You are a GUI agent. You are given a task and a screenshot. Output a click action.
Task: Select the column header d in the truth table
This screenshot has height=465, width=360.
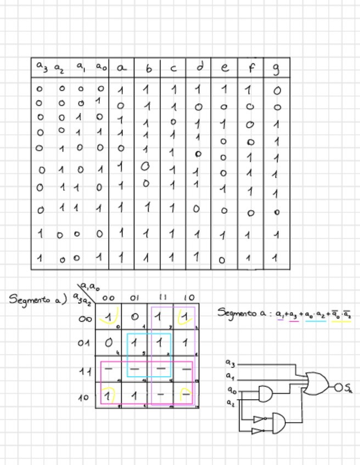[x=200, y=67]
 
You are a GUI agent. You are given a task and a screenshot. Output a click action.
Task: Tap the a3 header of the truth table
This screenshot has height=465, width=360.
[x=42, y=66]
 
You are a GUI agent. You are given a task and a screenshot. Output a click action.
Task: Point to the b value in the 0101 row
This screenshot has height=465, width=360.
[x=145, y=166]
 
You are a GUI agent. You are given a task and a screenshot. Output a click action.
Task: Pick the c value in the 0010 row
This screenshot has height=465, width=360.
[x=173, y=121]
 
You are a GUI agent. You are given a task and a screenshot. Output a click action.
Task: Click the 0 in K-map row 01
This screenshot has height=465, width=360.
[x=109, y=343]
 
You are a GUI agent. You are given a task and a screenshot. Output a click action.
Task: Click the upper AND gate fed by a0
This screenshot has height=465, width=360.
[x=266, y=392]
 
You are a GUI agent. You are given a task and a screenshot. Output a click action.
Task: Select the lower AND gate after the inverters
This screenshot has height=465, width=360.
[x=279, y=422]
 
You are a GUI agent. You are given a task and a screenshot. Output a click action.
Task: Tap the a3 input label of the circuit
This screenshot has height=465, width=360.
[x=230, y=363]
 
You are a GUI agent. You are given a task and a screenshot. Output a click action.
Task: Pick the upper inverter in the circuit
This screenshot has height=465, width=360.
[x=260, y=419]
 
